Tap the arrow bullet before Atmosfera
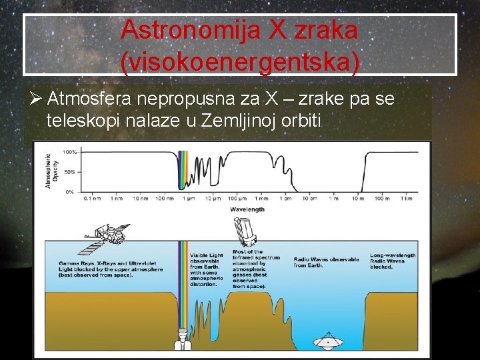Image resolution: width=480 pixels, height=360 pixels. tap(37, 100)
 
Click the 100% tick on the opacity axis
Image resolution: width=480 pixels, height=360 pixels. tap(69, 152)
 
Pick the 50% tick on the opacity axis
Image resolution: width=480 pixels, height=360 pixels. tap(70, 172)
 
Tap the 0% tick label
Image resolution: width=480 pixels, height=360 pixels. tap(70, 192)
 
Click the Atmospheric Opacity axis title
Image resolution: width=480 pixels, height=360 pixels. tap(51, 172)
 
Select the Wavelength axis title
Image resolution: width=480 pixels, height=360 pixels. tap(247, 209)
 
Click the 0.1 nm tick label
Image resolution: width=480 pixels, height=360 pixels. tap(92, 199)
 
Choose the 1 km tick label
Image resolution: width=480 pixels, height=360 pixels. tap(406, 199)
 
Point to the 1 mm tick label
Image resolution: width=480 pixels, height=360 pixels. tap(261, 199)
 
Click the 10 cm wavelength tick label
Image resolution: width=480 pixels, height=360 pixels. tap(309, 199)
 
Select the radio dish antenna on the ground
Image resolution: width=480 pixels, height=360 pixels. tap(328, 341)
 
